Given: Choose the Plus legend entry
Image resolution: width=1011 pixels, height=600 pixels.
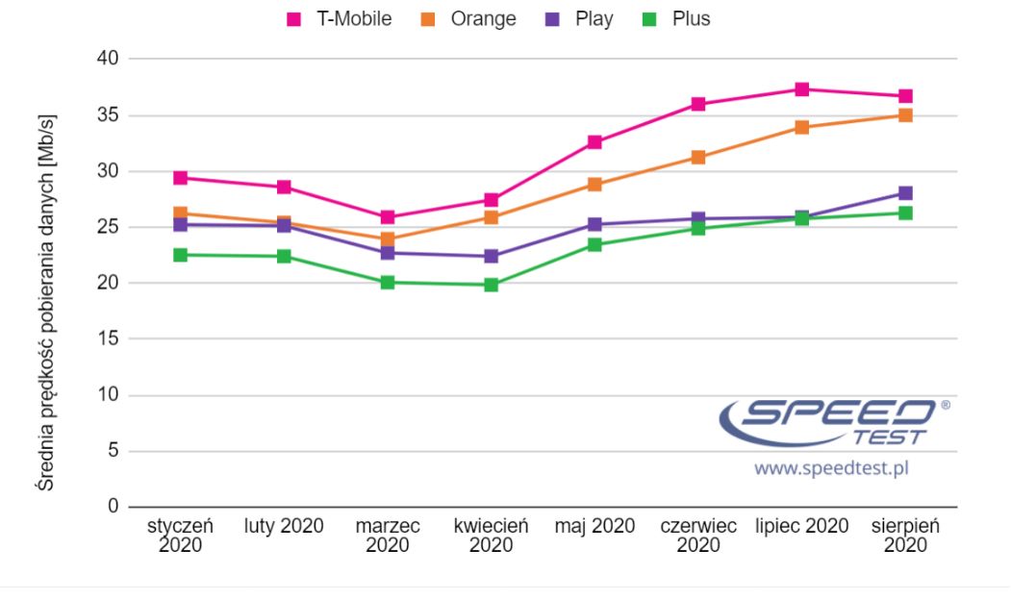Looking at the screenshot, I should (679, 18).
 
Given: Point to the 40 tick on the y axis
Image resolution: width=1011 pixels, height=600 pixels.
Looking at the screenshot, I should (107, 60).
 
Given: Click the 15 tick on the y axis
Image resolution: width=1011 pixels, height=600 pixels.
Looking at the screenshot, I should (107, 339).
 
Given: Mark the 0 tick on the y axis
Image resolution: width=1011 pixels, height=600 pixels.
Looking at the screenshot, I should (112, 507).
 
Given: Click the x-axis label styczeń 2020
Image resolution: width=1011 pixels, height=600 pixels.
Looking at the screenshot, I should (180, 536).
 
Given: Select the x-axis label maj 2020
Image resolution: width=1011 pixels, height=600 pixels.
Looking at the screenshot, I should (594, 526).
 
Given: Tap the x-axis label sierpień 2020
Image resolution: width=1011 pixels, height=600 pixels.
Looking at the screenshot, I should (905, 536).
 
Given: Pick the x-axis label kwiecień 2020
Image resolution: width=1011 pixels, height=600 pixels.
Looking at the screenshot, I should (492, 536).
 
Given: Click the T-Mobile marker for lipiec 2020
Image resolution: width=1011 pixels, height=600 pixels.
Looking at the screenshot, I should (801, 89).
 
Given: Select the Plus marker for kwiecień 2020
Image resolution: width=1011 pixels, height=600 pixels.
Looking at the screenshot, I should (492, 285).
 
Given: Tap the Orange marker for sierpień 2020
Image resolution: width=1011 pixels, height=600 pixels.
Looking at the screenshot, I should (905, 115).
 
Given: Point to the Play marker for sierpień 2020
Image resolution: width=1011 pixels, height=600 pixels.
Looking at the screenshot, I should (905, 193).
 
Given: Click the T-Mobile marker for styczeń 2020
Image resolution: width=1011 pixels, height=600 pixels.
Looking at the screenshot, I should (180, 178).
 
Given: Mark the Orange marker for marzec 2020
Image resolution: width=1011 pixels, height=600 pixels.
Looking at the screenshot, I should (388, 238).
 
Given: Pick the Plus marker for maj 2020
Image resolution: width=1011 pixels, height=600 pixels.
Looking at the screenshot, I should (594, 245).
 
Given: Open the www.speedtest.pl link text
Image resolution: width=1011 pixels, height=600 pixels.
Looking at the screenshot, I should (831, 468).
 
